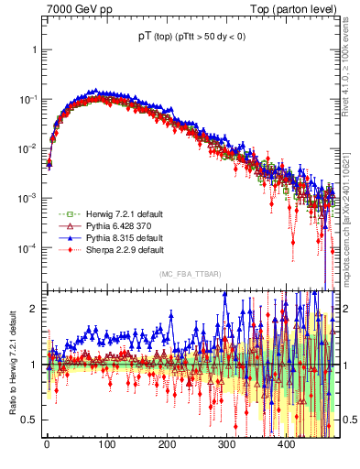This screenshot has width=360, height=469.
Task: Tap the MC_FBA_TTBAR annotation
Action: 190,274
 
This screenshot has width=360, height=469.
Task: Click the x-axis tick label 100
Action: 106,444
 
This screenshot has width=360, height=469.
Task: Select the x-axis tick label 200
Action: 167,444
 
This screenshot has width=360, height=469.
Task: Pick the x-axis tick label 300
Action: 226,444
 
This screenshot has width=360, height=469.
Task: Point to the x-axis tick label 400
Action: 287,444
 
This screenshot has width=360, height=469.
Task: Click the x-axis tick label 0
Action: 47,444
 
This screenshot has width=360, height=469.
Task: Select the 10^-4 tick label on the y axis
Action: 27,248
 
